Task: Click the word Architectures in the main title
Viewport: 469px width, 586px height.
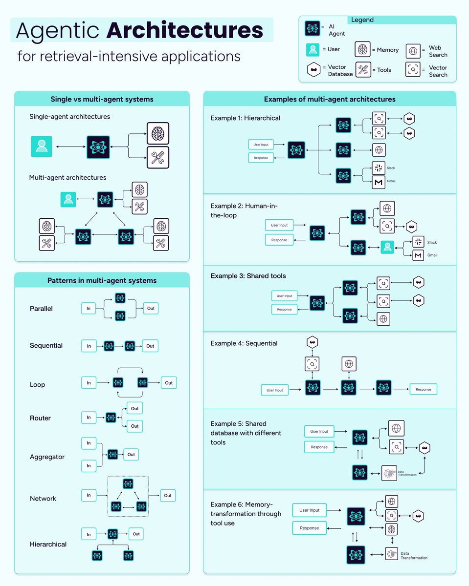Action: [x=184, y=31]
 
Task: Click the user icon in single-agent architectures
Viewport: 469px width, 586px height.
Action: [x=42, y=146]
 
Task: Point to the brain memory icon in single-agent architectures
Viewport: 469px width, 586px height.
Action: [x=157, y=133]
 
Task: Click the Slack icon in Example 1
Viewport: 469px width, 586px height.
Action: [x=379, y=168]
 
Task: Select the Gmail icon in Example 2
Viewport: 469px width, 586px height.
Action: [x=418, y=255]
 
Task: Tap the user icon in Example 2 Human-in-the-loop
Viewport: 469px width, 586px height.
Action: [x=387, y=248]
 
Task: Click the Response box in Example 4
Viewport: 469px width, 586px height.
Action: [x=423, y=389]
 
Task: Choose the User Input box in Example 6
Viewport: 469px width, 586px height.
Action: [x=309, y=510]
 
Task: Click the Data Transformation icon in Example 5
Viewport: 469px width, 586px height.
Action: [x=389, y=473]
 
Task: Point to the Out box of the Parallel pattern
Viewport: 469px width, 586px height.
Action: [x=151, y=308]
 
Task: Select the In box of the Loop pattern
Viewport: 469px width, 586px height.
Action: [x=89, y=383]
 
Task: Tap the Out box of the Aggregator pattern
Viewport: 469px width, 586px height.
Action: [x=131, y=455]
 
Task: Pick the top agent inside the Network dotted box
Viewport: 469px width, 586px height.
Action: [x=128, y=484]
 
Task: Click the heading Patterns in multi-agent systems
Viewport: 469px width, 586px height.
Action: [x=102, y=280]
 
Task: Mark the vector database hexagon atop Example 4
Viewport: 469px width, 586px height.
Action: [x=312, y=343]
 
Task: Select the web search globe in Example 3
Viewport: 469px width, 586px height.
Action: [x=383, y=319]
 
